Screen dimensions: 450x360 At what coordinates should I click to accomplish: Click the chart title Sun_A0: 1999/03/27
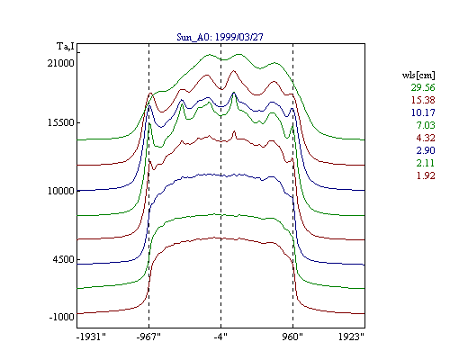220,37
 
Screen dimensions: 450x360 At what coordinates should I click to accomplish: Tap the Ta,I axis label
66,46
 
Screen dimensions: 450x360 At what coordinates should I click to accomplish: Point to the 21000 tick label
60,63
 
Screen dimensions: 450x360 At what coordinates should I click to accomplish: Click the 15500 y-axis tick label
60,123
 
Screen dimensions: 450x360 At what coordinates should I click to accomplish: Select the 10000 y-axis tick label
60,191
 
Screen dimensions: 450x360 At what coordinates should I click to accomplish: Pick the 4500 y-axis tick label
63,259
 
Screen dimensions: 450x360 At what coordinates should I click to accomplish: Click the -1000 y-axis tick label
61,317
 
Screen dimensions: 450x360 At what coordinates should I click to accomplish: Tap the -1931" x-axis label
91,337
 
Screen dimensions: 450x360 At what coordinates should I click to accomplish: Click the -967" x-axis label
148,337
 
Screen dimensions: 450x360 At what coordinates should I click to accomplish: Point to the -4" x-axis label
220,337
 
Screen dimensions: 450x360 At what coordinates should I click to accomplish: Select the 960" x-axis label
292,337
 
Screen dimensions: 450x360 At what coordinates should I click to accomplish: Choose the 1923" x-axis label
351,337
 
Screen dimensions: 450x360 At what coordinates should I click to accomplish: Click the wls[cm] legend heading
418,75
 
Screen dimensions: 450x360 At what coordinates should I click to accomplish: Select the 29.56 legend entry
423,87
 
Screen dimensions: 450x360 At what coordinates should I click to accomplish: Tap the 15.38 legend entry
423,100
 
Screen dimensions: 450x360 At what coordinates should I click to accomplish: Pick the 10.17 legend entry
423,112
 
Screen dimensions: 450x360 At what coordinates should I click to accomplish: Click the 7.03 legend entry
426,125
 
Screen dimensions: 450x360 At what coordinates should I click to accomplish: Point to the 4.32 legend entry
426,138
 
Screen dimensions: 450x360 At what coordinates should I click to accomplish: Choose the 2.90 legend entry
426,150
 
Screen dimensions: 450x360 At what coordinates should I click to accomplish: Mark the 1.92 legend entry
426,175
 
